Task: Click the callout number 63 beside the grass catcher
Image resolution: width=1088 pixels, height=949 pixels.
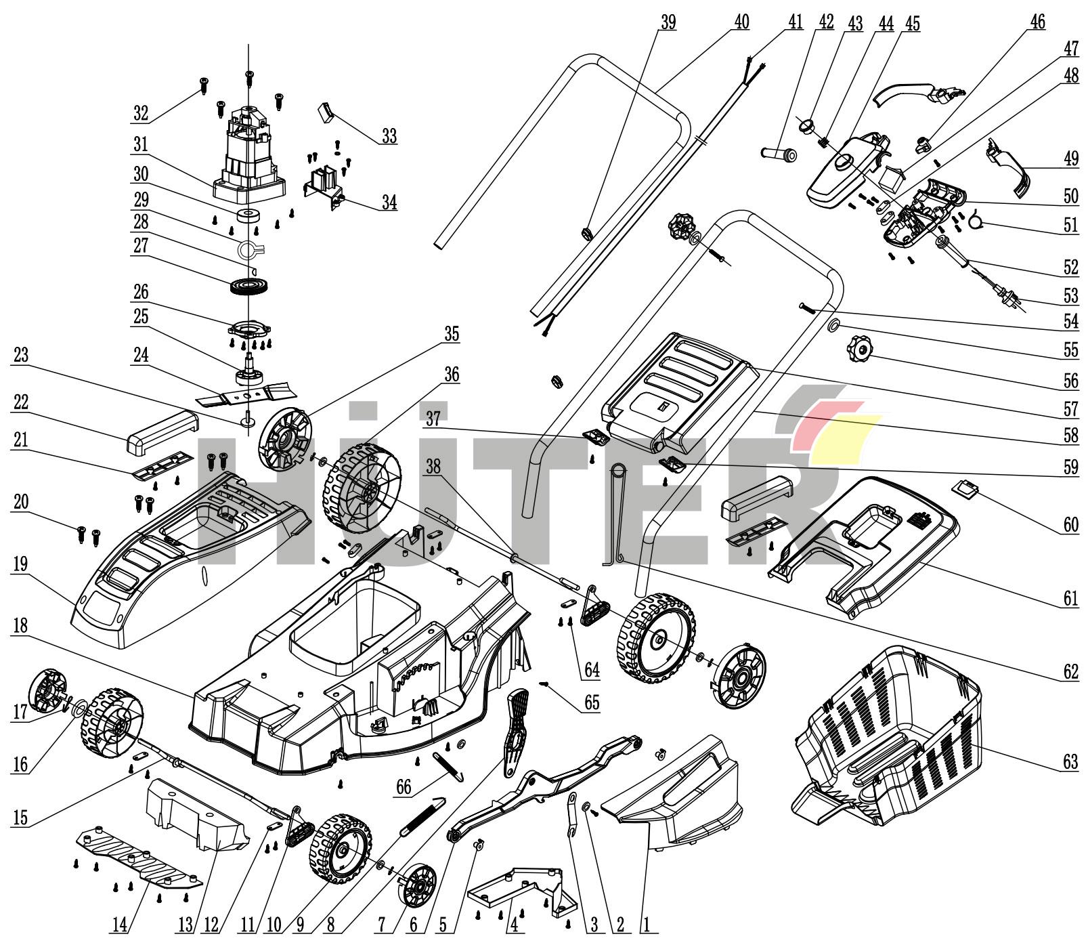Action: [x=1070, y=762]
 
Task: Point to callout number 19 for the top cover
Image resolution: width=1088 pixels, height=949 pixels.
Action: [x=20, y=565]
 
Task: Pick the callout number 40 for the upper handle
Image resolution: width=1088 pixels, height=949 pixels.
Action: [x=741, y=22]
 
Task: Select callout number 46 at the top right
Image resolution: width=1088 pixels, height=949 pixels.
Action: [x=1037, y=22]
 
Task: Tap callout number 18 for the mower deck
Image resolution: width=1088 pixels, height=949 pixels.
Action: [x=20, y=626]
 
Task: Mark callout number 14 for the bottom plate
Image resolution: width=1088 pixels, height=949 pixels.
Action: [x=119, y=924]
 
